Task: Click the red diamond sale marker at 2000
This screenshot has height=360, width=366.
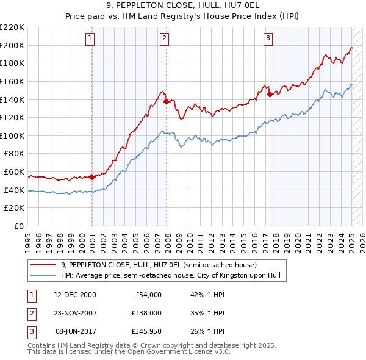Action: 92,177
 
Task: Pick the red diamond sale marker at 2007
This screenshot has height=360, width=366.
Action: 167,102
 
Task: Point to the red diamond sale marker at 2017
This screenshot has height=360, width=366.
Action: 270,94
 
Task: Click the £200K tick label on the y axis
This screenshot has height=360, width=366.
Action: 12,45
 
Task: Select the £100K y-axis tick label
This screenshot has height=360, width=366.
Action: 12,135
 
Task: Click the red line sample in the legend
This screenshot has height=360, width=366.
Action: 43,265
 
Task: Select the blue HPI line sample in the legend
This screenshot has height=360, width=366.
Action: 43,275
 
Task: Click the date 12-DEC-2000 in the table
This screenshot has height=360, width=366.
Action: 75,295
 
